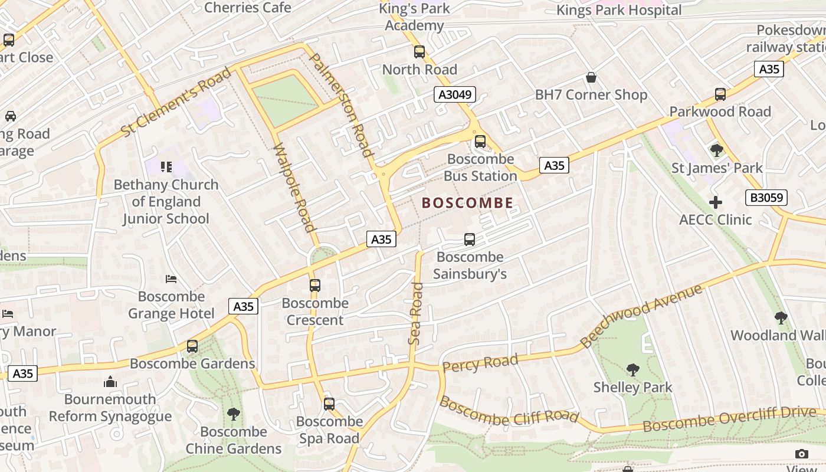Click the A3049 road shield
pyautogui.click(x=454, y=94)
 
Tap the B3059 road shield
pyautogui.click(x=766, y=198)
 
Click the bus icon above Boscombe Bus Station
pyautogui.click(x=480, y=142)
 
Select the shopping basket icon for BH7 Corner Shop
pyautogui.click(x=591, y=77)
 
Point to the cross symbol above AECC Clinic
pyautogui.click(x=715, y=202)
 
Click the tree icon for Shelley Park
pyautogui.click(x=632, y=370)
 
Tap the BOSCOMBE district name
pyautogui.click(x=467, y=203)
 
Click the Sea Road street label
pyautogui.click(x=416, y=313)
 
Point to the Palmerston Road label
pyautogui.click(x=342, y=105)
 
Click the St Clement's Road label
pyautogui.click(x=176, y=102)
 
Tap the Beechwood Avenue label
pyautogui.click(x=641, y=316)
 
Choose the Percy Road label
pyautogui.click(x=480, y=363)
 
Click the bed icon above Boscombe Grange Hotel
pyautogui.click(x=171, y=278)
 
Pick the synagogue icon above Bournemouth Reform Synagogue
pyautogui.click(x=110, y=382)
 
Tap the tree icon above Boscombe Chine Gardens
pyautogui.click(x=234, y=414)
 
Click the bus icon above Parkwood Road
pyautogui.click(x=720, y=94)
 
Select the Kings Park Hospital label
pyautogui.click(x=619, y=10)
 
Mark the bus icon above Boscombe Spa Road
pyautogui.click(x=329, y=404)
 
